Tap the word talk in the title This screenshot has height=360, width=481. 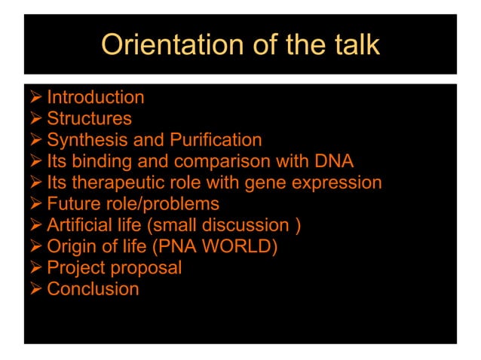pyautogui.click(x=354, y=44)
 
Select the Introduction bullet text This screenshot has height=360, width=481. pyautogui.click(x=96, y=97)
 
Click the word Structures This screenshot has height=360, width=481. pyautogui.click(x=89, y=118)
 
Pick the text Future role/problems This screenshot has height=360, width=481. pyautogui.click(x=133, y=203)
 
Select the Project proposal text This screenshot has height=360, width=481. pyautogui.click(x=114, y=267)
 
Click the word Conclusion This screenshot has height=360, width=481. pyautogui.click(x=93, y=289)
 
